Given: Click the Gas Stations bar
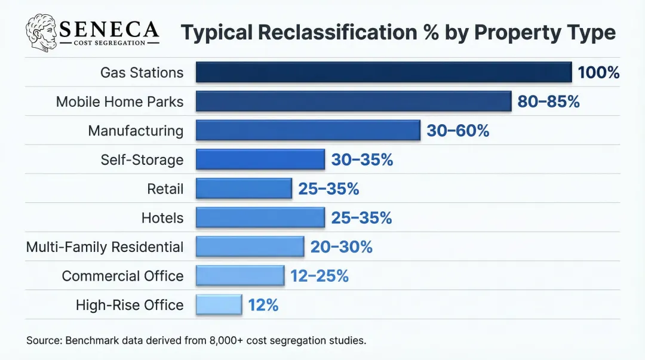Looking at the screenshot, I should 383,72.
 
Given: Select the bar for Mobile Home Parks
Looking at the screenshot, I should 354,101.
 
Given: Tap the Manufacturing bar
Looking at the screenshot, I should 308,130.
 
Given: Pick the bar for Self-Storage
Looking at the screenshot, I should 260,159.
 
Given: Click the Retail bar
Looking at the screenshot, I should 244,189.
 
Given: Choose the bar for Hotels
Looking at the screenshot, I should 260,218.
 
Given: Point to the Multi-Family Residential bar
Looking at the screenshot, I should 250,247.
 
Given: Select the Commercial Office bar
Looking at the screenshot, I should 240,276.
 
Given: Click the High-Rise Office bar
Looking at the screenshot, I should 219,305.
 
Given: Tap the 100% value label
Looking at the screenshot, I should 598,73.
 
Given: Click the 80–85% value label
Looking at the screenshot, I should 548,101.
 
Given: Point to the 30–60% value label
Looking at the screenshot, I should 457,131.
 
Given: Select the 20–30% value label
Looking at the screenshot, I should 341,247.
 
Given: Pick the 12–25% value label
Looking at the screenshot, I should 320,276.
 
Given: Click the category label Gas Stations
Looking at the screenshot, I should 142,73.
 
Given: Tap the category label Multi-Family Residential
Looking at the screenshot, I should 105,247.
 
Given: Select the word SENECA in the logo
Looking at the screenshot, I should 109,28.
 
